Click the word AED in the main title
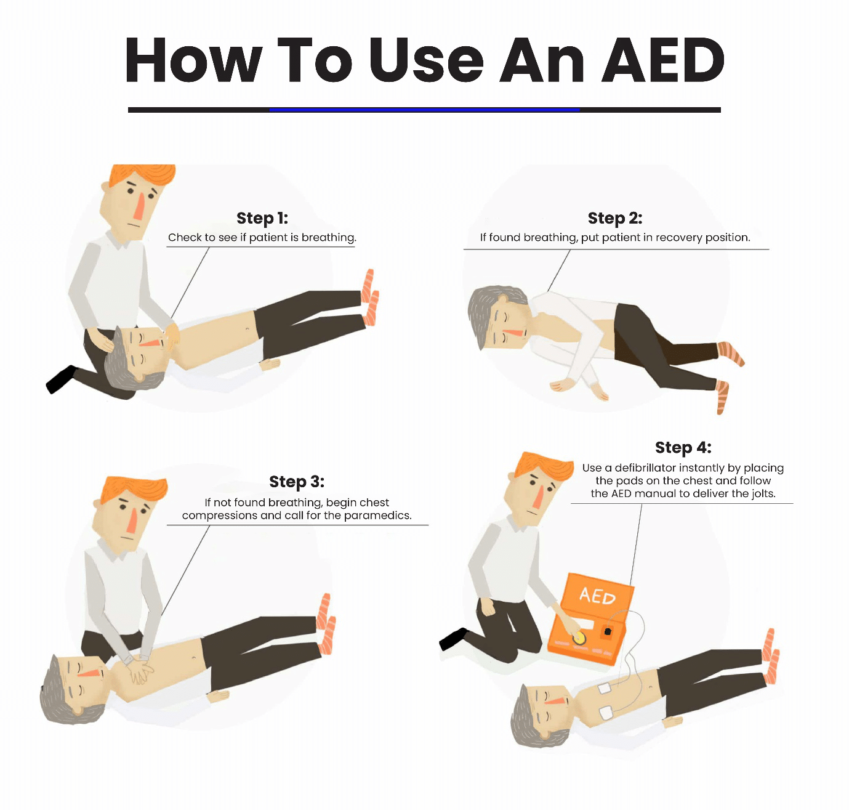[663, 60]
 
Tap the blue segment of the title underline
[425, 110]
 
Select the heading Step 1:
[262, 218]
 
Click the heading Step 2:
[615, 218]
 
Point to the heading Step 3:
[297, 482]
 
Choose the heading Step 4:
[683, 447]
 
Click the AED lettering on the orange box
[597, 596]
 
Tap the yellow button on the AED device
[578, 638]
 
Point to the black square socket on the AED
[608, 632]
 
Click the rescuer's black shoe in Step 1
[61, 379]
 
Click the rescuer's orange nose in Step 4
[538, 496]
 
